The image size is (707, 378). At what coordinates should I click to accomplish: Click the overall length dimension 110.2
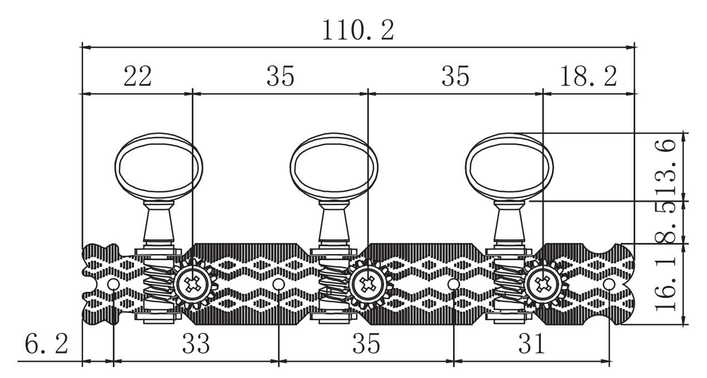(358, 30)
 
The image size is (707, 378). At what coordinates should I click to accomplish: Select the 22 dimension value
(138, 76)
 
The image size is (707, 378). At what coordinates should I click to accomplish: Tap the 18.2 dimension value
(588, 76)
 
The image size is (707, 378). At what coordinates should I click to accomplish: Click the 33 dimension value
(196, 344)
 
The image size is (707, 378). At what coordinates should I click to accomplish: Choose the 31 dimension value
(531, 344)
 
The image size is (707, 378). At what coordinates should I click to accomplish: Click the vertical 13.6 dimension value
(665, 167)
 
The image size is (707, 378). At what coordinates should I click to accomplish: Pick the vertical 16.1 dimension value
(665, 283)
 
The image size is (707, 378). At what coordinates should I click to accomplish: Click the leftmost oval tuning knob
(159, 166)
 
